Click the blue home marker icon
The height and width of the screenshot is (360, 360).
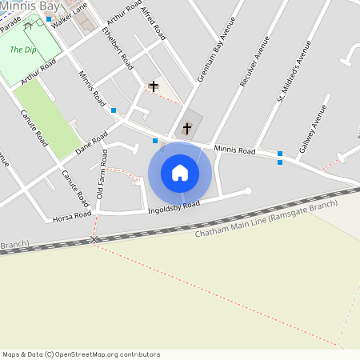pyautogui.click(x=180, y=173)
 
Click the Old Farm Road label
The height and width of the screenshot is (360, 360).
pyautogui.click(x=102, y=174)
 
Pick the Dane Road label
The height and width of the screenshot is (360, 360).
pyautogui.click(x=91, y=143)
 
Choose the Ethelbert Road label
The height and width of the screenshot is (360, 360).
pyautogui.click(x=117, y=46)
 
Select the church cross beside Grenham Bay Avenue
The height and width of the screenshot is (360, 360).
pyautogui.click(x=187, y=127)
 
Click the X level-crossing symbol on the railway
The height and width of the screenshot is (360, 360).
pyautogui.click(x=94, y=239)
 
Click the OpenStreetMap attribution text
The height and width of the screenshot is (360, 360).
pyautogui.click(x=81, y=354)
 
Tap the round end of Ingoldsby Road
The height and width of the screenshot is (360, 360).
pyautogui.click(x=247, y=190)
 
